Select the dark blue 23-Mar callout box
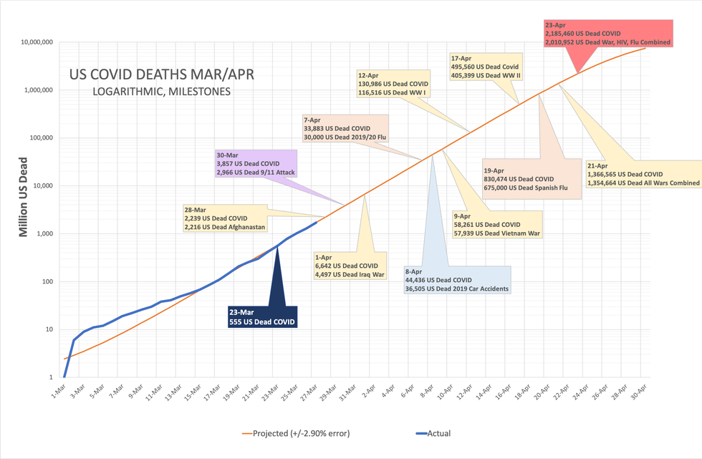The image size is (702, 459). pos(261,317)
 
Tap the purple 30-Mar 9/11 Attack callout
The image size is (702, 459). pos(256,163)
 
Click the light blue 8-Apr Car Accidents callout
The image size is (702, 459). pos(457,279)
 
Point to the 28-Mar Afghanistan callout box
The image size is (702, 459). pos(225,218)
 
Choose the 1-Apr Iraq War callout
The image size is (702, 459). pos(349,265)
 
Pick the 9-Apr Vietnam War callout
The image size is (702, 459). pos(486,224)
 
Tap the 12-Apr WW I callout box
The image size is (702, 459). pos(393,84)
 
